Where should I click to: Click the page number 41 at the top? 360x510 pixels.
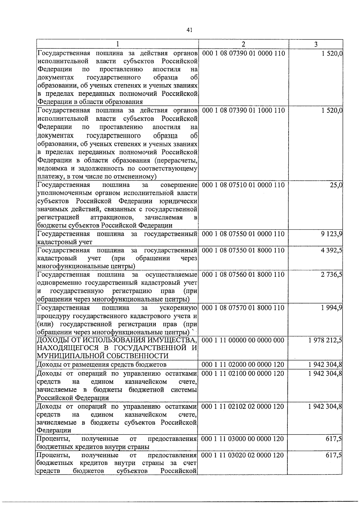click(189, 30)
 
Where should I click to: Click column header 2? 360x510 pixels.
click(243, 44)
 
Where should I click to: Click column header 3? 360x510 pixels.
click(316, 44)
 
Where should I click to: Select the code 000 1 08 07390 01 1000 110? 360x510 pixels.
click(243, 111)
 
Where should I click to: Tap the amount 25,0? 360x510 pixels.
click(336, 185)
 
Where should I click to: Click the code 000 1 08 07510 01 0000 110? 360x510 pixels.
click(243, 185)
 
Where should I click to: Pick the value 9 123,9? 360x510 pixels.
click(331, 234)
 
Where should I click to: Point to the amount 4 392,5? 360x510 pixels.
click(331, 250)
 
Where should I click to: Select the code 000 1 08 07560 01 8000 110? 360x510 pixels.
click(243, 274)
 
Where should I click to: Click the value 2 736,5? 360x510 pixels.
click(331, 274)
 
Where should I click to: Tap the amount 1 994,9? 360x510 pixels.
click(331, 307)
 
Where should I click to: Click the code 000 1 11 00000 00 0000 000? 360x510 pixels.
click(243, 340)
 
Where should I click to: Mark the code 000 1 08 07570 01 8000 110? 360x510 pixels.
click(243, 307)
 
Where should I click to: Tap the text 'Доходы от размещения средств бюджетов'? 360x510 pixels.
click(101, 365)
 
